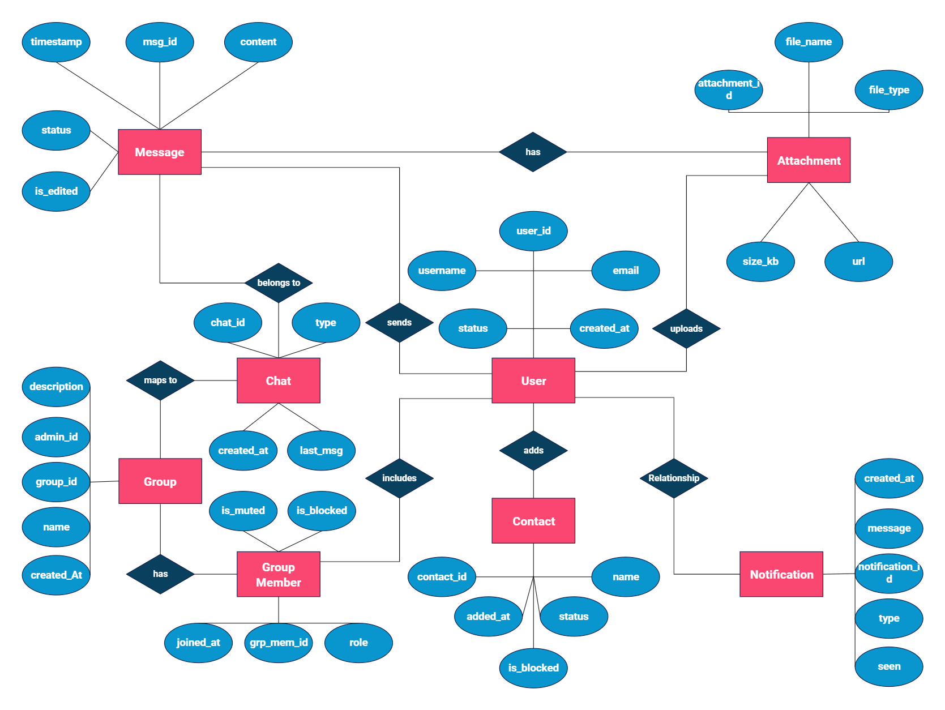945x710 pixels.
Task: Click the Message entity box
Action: [x=160, y=152]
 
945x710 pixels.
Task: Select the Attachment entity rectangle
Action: [x=809, y=160]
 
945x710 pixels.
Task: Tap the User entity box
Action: [x=533, y=380]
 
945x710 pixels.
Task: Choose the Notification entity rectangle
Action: [x=781, y=574]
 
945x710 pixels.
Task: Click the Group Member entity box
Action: [x=279, y=574]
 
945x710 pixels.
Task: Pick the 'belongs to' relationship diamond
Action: [x=279, y=283]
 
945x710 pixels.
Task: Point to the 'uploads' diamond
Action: [x=686, y=328]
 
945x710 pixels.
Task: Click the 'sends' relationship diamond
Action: [x=399, y=322]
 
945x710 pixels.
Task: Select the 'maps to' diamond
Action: [x=160, y=380]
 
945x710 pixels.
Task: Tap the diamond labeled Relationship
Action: [x=674, y=478]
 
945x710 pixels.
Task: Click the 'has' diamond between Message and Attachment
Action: [x=533, y=152]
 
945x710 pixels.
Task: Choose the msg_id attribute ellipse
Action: [x=160, y=42]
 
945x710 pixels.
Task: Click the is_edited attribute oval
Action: [x=56, y=191]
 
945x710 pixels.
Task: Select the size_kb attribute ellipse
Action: [x=760, y=262]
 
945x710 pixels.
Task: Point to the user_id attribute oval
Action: [x=533, y=231]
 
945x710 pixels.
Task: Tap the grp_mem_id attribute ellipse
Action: [x=279, y=643]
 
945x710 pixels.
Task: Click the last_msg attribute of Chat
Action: [x=321, y=451]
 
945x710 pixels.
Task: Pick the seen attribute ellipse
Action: [x=889, y=666]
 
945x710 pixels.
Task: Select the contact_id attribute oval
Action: [x=442, y=577]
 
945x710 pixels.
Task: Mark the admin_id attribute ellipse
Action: [x=56, y=437]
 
